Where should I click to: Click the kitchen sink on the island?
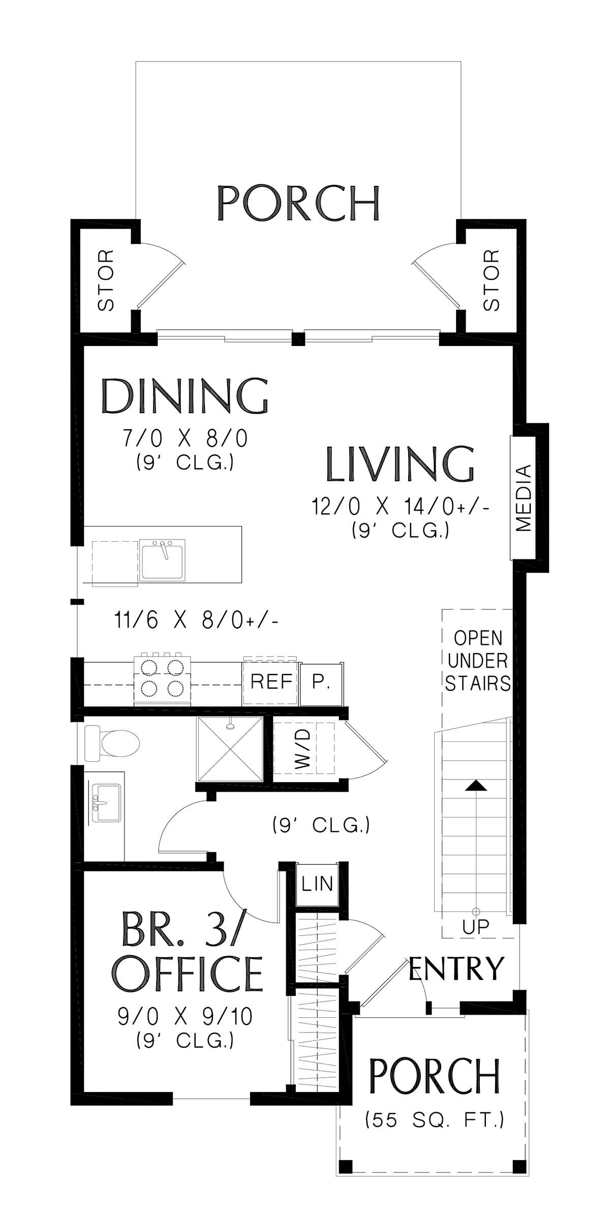point(163,559)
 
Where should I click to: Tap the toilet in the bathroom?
point(112,742)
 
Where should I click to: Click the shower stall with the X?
point(230,749)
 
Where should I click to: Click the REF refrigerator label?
point(271,681)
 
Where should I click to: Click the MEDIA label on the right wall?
point(523,497)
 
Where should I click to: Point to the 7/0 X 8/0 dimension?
point(185,438)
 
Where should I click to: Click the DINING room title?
point(185,396)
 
